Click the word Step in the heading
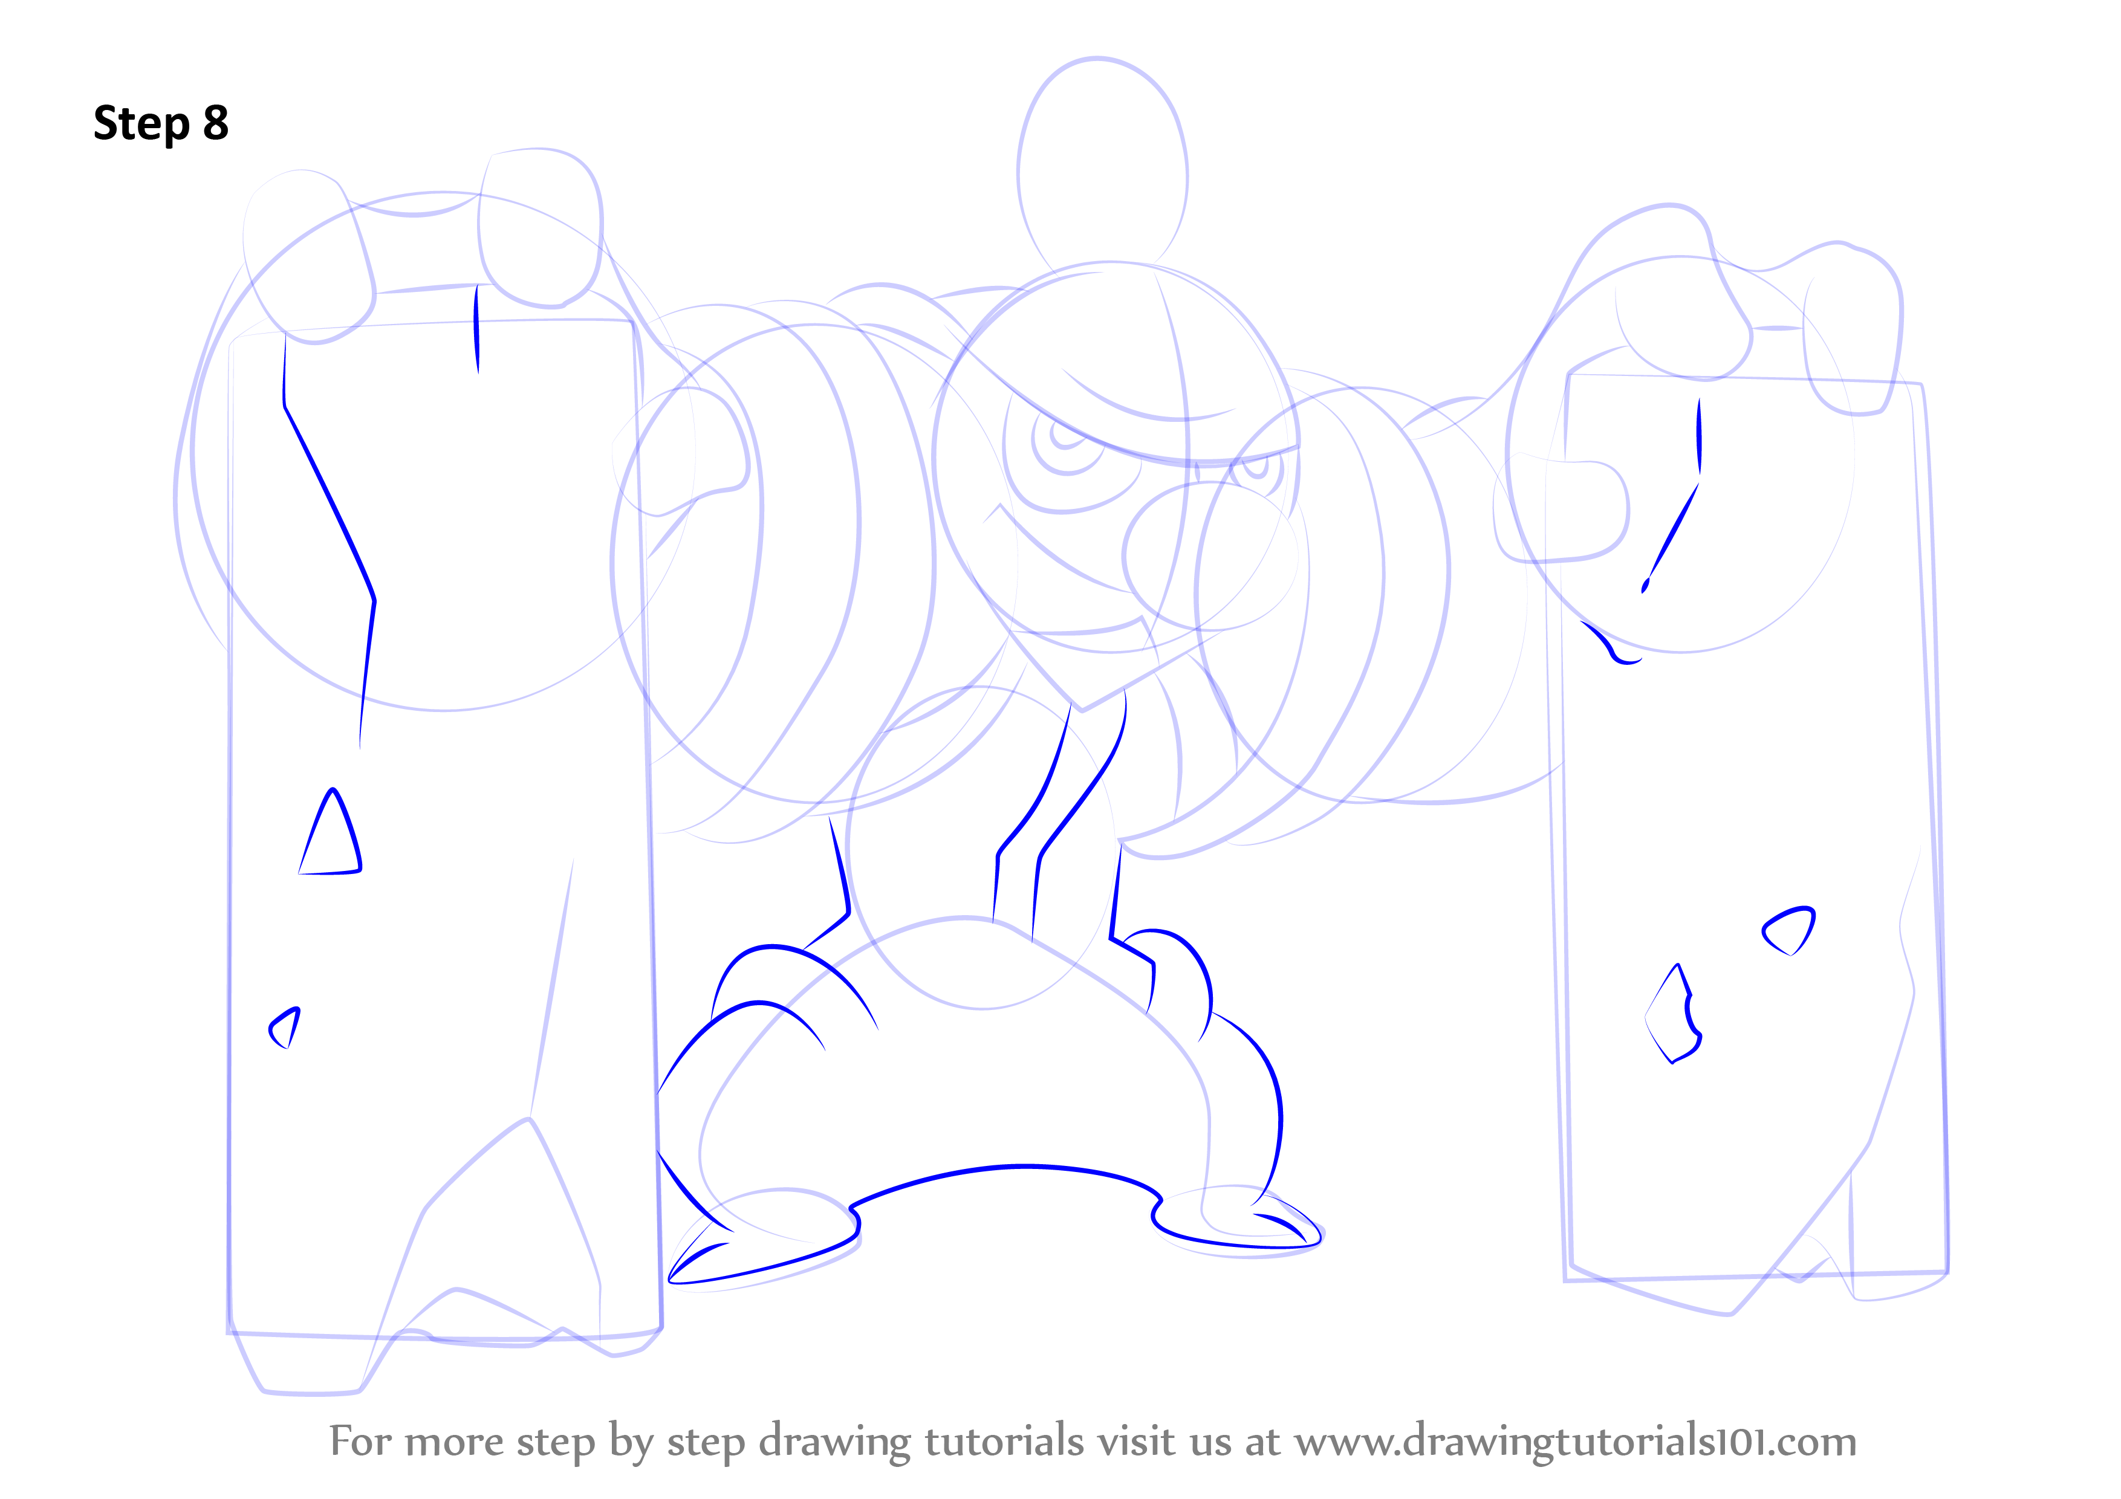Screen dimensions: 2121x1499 (x=141, y=124)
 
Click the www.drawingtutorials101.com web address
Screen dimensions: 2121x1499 (x=1575, y=1442)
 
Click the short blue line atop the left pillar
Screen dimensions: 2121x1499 (x=476, y=329)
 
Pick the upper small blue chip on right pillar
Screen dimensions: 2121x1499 (x=1788, y=931)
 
